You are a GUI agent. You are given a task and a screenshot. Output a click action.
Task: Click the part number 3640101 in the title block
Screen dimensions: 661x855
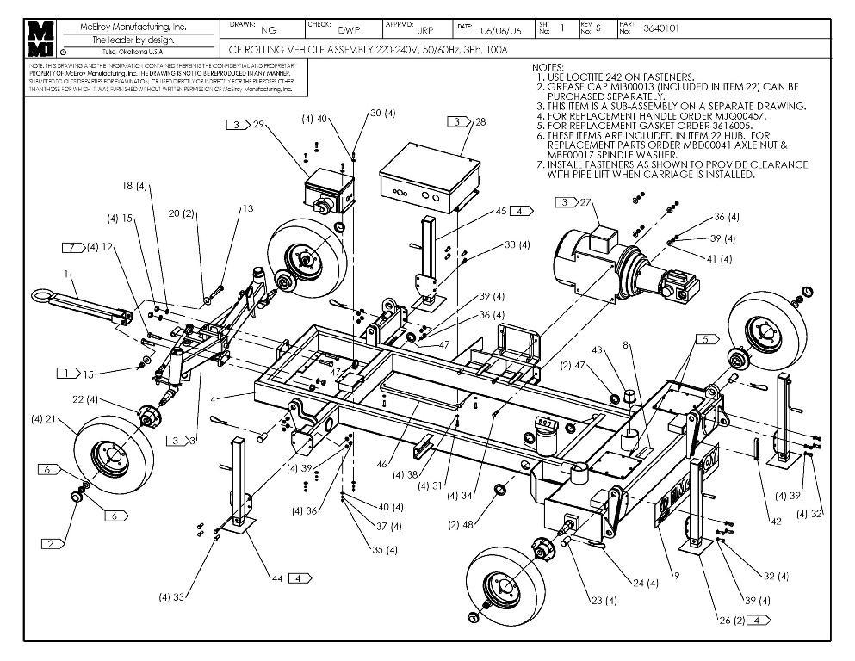[x=660, y=28]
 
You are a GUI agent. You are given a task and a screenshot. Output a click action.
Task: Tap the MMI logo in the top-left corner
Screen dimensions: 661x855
[x=40, y=38]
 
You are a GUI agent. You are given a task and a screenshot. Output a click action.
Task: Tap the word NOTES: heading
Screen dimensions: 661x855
[x=548, y=66]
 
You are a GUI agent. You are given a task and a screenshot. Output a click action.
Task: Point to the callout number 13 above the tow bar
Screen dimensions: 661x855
[x=248, y=207]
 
